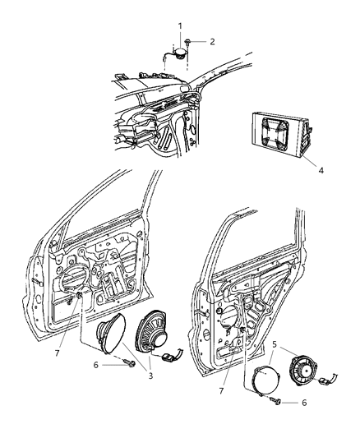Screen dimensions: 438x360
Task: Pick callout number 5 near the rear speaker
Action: tap(275, 335)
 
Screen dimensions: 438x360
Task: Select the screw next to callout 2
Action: tap(189, 41)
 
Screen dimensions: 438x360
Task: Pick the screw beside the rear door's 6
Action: tap(279, 402)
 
